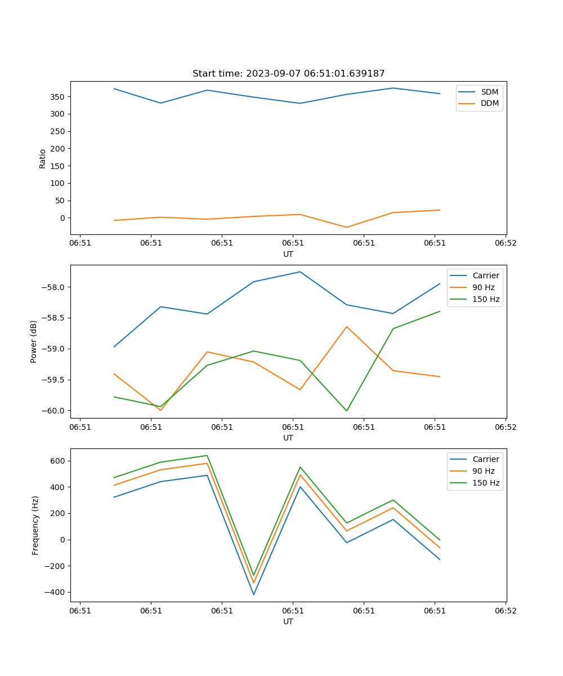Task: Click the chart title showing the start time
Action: pyautogui.click(x=288, y=74)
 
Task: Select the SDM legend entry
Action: pyautogui.click(x=489, y=91)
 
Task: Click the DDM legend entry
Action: pyautogui.click(x=489, y=103)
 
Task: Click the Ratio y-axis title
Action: pyautogui.click(x=43, y=158)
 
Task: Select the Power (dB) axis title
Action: pyautogui.click(x=34, y=341)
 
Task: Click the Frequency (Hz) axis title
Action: pyautogui.click(x=35, y=525)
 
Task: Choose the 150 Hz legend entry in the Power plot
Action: pyautogui.click(x=486, y=299)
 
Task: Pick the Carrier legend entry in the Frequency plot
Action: pyautogui.click(x=486, y=459)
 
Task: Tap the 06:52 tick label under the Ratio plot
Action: pyautogui.click(x=505, y=243)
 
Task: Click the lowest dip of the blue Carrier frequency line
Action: pyautogui.click(x=253, y=594)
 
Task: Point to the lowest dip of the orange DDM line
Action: pyautogui.click(x=346, y=227)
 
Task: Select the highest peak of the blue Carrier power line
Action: pyautogui.click(x=300, y=272)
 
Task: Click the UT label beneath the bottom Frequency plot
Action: pyautogui.click(x=288, y=621)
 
